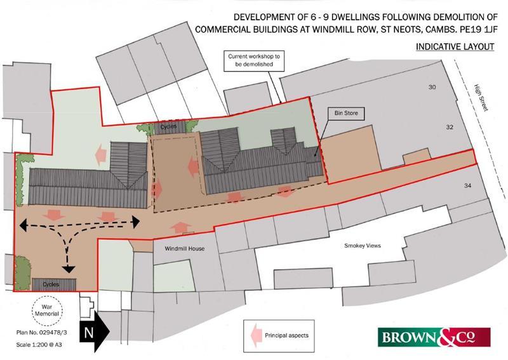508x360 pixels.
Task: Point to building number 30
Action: [x=432, y=88]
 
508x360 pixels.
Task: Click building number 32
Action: [x=450, y=127]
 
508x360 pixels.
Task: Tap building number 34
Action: [x=469, y=185]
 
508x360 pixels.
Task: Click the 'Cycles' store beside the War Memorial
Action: [x=53, y=284]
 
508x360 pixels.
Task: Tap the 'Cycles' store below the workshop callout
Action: [x=169, y=127]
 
